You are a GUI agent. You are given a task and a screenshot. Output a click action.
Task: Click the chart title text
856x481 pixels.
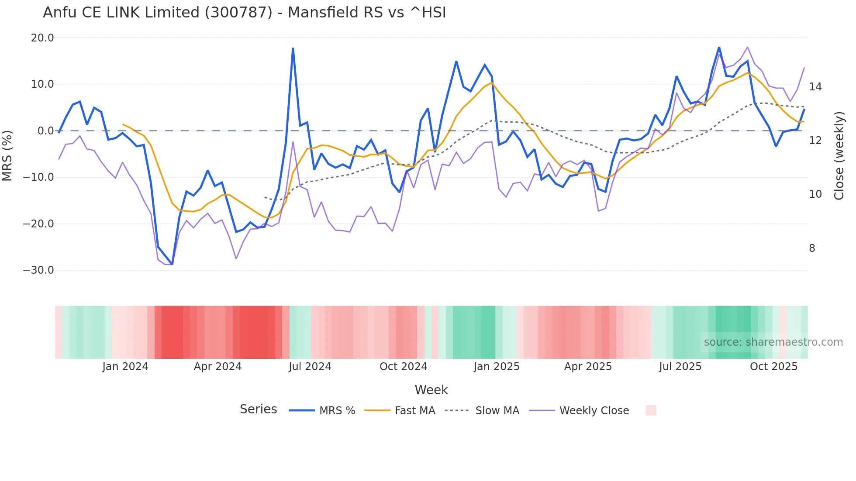point(245,13)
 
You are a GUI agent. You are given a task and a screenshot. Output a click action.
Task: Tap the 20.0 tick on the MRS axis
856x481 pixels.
point(42,38)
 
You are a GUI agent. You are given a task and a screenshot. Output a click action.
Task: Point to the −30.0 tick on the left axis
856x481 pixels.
point(38,270)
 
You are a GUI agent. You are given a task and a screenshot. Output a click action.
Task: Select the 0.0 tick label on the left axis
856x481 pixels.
point(45,131)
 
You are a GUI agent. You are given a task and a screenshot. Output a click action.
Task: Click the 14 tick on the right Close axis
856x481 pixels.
point(815,87)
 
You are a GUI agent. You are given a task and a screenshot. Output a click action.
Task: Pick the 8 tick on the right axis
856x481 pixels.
point(812,248)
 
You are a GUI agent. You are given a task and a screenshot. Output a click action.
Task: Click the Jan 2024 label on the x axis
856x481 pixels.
point(125,367)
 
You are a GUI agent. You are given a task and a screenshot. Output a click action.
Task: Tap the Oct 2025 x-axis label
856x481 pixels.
point(773,367)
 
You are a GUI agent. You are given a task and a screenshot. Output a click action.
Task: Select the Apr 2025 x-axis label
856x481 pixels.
point(588,367)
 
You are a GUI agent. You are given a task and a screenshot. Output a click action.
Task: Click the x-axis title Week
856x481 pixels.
point(431,390)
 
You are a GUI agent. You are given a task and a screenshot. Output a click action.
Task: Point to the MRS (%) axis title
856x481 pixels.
point(7,155)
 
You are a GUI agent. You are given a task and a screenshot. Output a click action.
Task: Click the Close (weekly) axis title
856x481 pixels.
point(839,155)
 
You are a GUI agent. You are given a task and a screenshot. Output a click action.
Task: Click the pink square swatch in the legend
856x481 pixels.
point(651,410)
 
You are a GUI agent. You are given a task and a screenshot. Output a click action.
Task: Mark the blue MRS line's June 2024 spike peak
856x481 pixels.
point(293,48)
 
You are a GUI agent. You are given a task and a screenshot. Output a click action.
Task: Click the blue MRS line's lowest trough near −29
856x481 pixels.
point(172,264)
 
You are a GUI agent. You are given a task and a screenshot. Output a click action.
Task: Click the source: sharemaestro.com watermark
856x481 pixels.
point(773,342)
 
